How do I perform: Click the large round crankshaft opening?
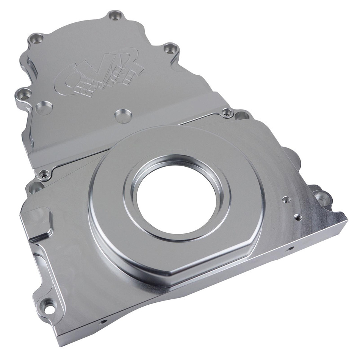coord(176,197)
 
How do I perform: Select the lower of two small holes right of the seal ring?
coord(298,217)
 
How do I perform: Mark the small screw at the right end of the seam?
coord(227,112)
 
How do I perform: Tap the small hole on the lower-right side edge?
coord(290,249)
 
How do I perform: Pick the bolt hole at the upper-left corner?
coord(35,38)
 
